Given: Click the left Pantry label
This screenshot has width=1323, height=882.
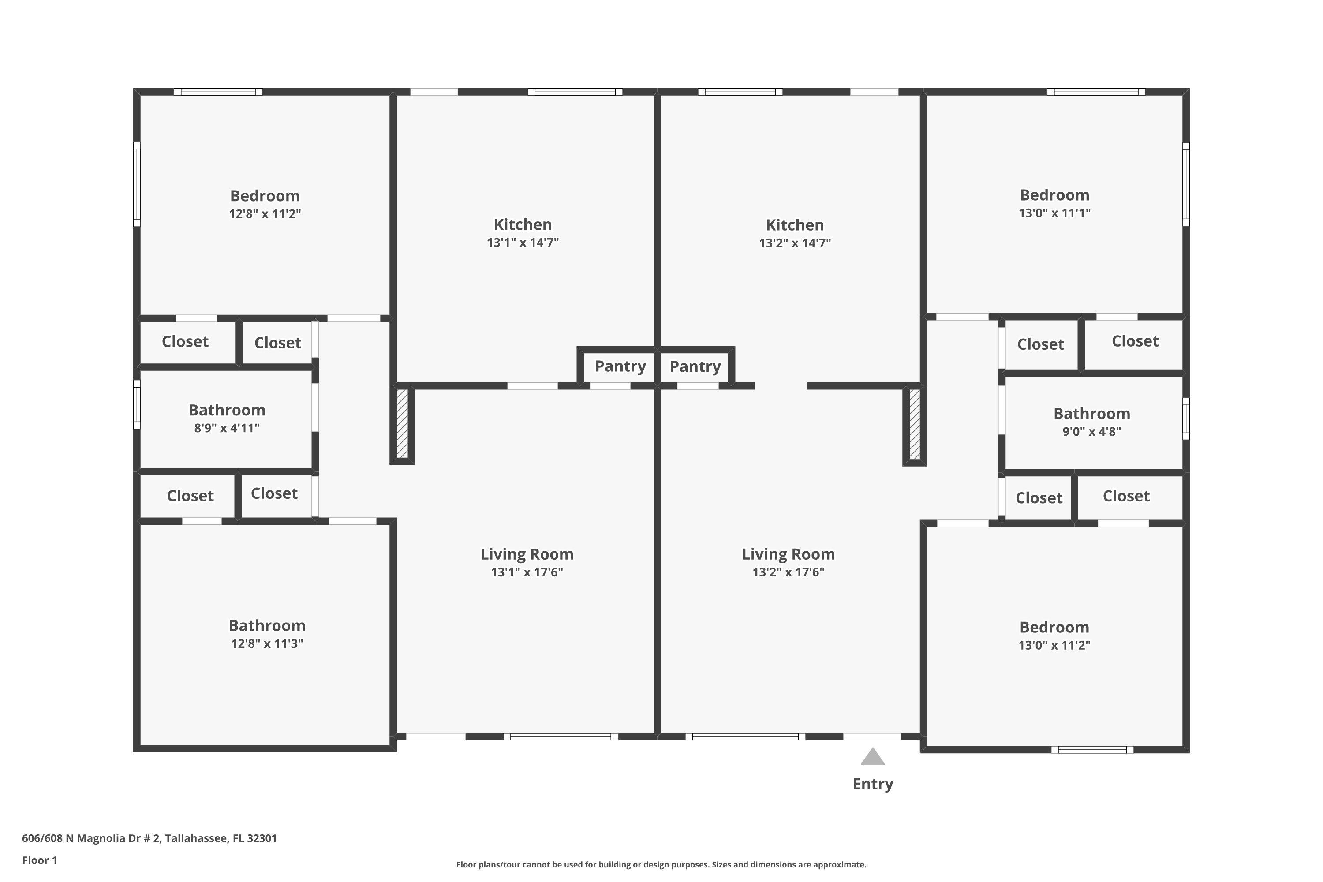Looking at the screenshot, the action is click(x=620, y=366).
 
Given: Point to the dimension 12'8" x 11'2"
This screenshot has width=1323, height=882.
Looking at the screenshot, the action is click(x=265, y=214).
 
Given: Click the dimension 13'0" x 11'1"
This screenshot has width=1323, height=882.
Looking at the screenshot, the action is click(x=1055, y=213).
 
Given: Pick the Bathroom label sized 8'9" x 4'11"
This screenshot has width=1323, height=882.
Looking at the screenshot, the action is click(x=227, y=410).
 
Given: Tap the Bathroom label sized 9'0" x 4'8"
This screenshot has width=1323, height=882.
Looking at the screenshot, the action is click(x=1092, y=414).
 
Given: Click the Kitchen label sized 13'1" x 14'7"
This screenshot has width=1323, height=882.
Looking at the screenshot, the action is click(x=523, y=225).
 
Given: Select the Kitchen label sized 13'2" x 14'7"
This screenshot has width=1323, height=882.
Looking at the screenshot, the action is click(x=795, y=225).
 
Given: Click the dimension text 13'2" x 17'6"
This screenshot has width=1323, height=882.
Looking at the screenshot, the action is click(x=789, y=572).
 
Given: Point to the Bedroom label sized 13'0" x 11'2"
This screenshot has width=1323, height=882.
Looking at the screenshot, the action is click(x=1055, y=627).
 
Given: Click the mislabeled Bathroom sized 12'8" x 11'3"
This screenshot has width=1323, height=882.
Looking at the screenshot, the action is click(x=267, y=625).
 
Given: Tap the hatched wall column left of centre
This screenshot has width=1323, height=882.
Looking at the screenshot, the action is click(x=402, y=423).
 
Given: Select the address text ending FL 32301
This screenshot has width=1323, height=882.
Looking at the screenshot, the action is click(x=149, y=839).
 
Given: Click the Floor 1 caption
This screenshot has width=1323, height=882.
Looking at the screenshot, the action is click(x=40, y=860).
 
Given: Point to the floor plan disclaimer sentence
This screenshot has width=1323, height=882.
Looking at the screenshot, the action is click(x=661, y=864).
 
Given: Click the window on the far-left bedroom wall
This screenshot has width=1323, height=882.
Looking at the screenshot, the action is click(x=137, y=184).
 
